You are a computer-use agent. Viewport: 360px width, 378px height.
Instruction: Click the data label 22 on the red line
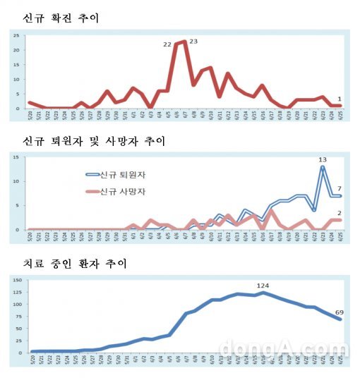[x=167, y=44]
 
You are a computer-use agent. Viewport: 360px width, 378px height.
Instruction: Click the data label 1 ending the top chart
[x=340, y=99]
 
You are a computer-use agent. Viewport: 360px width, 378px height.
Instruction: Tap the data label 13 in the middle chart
[x=322, y=159]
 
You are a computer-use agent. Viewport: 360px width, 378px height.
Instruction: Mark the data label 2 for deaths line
[x=340, y=213]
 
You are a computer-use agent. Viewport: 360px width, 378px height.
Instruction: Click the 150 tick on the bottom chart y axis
[x=14, y=281]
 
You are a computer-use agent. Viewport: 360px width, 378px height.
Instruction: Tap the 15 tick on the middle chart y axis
[x=16, y=157]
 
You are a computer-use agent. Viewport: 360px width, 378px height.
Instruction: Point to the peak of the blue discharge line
[x=322, y=167]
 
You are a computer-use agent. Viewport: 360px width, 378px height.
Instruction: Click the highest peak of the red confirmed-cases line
[x=185, y=42]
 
